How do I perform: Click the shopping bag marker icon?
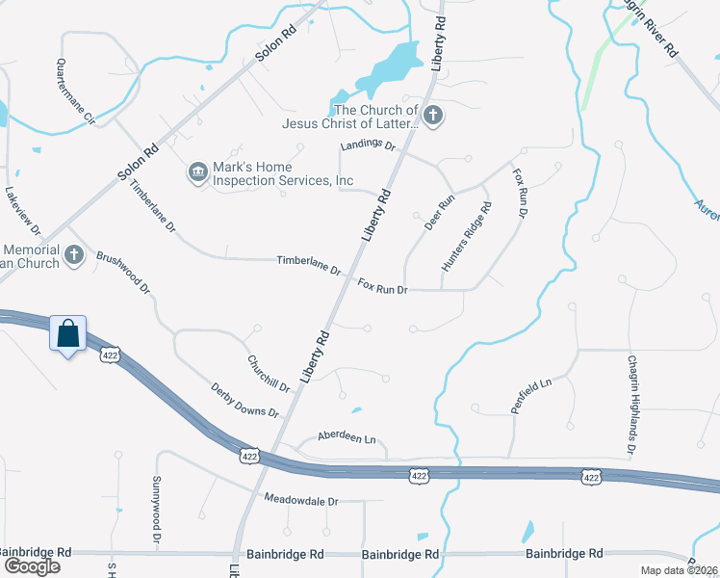click(68, 334)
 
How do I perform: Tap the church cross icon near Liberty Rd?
click(433, 117)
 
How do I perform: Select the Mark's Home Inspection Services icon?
click(198, 171)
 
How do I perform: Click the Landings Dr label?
click(368, 145)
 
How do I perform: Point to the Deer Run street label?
click(439, 213)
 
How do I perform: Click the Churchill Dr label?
click(269, 374)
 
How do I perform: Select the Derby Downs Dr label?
click(244, 400)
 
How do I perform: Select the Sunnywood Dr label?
click(156, 512)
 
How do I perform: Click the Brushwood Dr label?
click(125, 272)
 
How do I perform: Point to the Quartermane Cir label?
click(76, 92)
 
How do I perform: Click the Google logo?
click(31, 565)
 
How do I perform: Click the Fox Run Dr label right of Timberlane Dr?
click(383, 286)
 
